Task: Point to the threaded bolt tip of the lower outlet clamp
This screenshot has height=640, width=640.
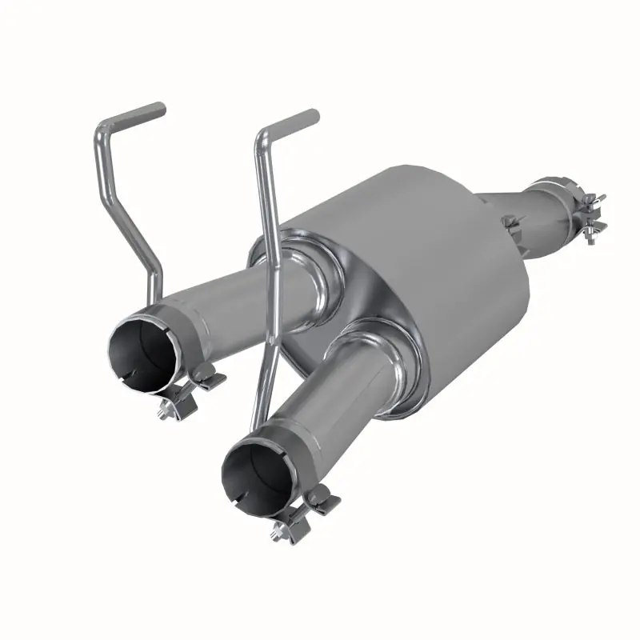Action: tap(279, 531)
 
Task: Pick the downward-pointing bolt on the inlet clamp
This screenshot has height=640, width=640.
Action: tap(591, 234)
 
